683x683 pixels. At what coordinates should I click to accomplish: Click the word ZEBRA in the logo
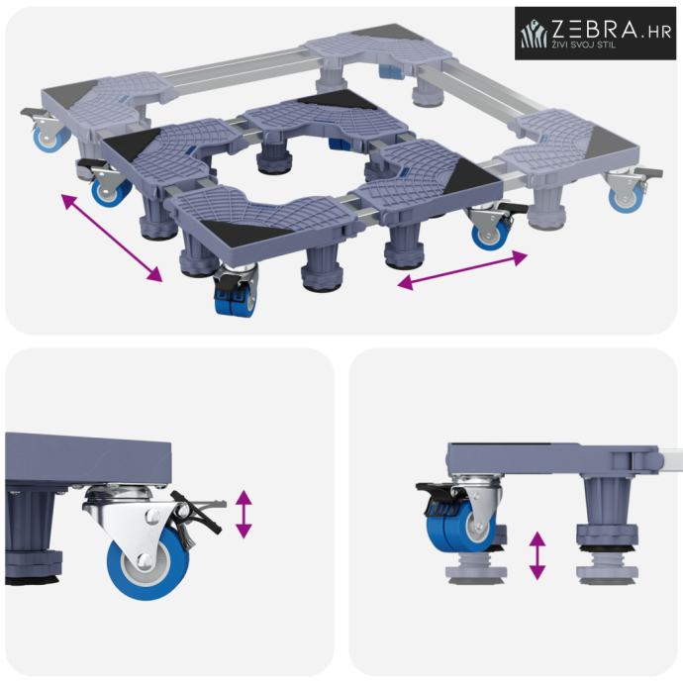596,29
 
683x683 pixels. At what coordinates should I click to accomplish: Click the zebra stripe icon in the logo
535,34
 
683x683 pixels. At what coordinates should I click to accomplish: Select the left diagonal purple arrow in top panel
112,239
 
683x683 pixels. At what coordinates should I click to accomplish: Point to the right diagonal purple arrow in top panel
462,270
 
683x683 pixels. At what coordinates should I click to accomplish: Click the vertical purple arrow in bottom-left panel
244,514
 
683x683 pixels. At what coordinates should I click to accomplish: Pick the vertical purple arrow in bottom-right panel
537,555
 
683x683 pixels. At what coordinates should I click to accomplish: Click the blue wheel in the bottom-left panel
148,563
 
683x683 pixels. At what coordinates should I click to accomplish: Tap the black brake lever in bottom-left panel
197,513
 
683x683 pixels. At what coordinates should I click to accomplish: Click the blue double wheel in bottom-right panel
460,526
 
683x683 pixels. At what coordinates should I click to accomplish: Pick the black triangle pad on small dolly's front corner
245,233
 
